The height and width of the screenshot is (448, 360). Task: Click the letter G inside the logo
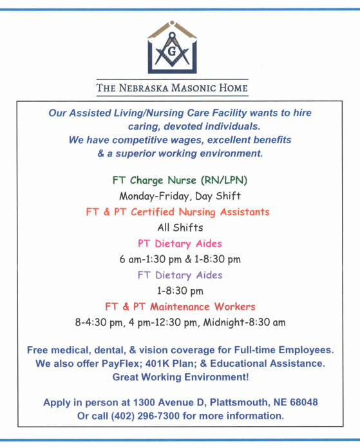172,49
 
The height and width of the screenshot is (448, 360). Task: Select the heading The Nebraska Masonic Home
172,88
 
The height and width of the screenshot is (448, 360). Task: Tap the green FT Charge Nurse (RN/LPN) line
180,179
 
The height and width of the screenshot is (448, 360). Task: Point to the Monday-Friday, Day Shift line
180,195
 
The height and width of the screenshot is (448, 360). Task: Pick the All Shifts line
180,228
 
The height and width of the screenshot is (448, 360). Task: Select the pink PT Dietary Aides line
180,244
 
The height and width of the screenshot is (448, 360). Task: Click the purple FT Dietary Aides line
180,275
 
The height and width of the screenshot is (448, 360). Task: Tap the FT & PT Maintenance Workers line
180,307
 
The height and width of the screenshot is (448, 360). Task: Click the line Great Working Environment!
180,376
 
